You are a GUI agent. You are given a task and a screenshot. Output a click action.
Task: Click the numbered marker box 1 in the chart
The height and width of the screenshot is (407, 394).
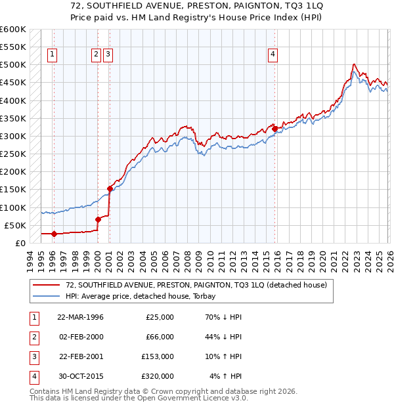(x=52, y=54)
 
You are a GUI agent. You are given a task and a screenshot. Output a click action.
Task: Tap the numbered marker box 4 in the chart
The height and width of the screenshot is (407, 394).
(x=272, y=54)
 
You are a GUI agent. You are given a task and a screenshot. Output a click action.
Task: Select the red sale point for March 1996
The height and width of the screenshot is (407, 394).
(x=54, y=234)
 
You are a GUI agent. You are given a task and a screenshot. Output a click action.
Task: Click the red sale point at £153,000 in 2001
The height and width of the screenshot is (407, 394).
(x=110, y=188)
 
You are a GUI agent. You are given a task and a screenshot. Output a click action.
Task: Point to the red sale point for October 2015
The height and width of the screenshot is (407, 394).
(x=274, y=129)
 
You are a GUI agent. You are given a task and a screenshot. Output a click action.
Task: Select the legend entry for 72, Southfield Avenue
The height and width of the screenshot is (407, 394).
(x=191, y=285)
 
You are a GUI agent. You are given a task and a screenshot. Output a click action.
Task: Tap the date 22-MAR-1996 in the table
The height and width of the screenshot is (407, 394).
(x=80, y=317)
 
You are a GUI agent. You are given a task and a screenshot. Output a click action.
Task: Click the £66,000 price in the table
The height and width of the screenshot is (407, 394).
(x=160, y=337)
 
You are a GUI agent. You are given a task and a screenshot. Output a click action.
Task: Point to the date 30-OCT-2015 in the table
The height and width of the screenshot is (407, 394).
(x=80, y=376)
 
